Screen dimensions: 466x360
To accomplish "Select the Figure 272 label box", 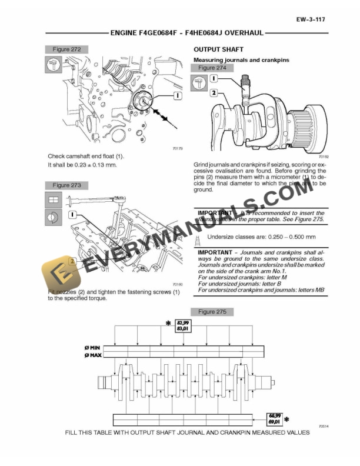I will (x=66, y=49).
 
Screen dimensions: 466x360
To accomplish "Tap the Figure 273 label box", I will (x=66, y=185).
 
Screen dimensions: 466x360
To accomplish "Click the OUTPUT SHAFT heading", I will (x=218, y=49).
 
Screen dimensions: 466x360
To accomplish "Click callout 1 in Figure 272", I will (x=176, y=94).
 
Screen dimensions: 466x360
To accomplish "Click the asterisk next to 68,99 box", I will (x=286, y=418).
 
